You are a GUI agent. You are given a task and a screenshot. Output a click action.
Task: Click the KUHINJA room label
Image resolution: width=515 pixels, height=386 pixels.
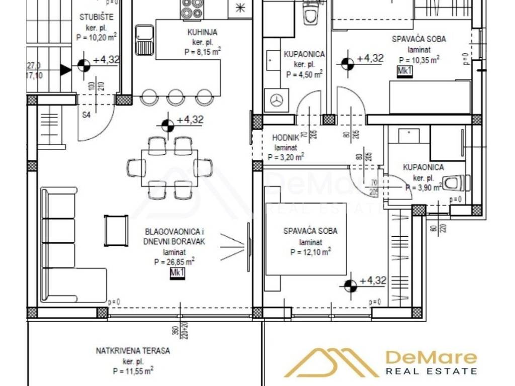tap(189, 33)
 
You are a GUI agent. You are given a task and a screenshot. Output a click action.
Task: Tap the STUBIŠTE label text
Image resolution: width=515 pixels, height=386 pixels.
tap(97, 17)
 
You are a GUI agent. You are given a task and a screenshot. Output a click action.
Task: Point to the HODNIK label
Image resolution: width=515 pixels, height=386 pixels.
tap(286, 137)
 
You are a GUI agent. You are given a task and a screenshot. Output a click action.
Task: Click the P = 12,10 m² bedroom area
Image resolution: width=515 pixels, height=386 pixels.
tap(310, 251)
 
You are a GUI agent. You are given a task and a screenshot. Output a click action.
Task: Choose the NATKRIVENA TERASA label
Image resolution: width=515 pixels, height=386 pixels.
tap(133, 351)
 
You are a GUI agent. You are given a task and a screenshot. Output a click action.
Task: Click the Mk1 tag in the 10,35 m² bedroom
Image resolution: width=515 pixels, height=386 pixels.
tap(404, 71)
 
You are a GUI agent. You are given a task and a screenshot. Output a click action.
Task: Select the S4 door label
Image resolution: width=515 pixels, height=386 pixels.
tap(86, 115)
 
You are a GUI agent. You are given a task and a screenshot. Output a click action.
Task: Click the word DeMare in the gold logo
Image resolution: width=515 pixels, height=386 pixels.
tap(431, 357)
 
